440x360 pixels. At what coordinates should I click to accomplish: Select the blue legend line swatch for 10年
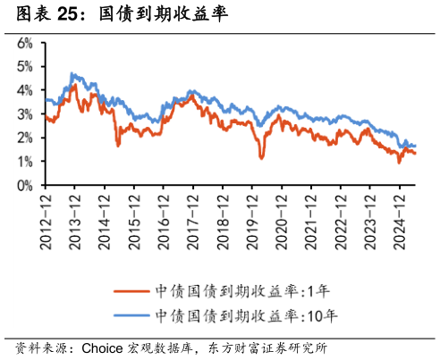(131, 314)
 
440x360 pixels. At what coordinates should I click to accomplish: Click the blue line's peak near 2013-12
(72, 74)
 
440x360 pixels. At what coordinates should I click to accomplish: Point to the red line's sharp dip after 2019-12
(261, 158)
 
